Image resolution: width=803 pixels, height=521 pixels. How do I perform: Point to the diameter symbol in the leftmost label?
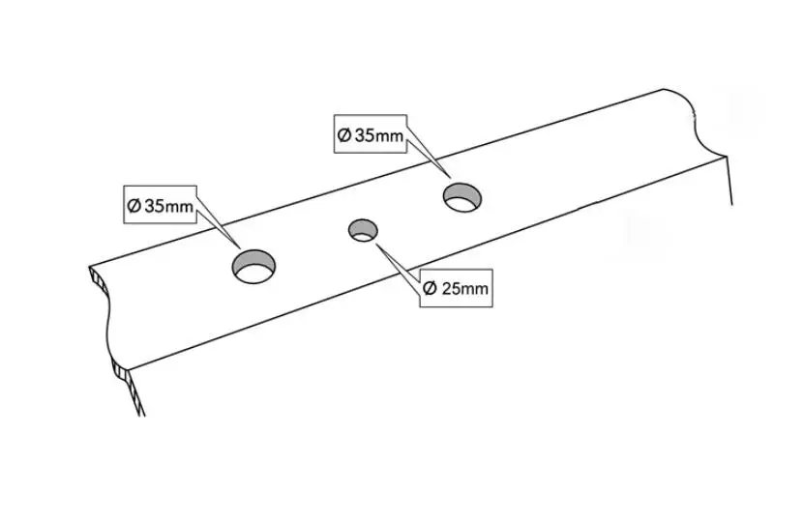pyautogui.click(x=134, y=206)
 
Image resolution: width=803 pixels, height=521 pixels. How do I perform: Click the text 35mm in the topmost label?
pyautogui.click(x=379, y=135)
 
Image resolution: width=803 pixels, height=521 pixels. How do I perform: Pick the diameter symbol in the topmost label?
pyautogui.click(x=344, y=135)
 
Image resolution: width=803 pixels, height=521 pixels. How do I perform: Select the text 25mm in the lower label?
pyautogui.click(x=464, y=289)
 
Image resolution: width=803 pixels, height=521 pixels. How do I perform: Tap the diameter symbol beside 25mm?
pyautogui.click(x=431, y=289)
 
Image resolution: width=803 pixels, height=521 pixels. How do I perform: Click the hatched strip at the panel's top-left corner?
pyautogui.click(x=99, y=280)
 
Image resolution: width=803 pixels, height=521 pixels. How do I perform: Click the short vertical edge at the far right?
pyautogui.click(x=729, y=180)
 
